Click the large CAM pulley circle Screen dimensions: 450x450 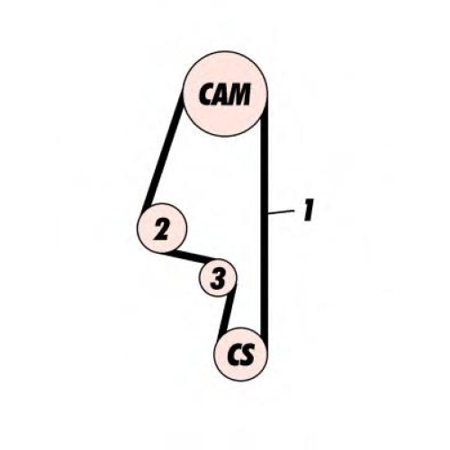(225, 94)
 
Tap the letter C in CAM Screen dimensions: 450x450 (206, 94)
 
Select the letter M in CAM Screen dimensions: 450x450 (239, 94)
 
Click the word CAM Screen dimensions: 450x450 (224, 94)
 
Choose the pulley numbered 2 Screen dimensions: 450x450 (162, 228)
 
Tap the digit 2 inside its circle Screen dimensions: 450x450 (162, 229)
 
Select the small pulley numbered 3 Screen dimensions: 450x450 (218, 278)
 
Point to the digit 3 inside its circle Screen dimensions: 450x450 (218, 278)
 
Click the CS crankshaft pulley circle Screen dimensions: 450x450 (241, 355)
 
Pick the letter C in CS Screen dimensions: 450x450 (234, 355)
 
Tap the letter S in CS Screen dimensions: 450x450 (247, 355)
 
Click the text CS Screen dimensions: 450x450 (241, 355)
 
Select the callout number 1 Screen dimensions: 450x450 (309, 211)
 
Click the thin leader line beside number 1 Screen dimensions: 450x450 (281, 212)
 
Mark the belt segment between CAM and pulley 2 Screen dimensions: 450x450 (163, 151)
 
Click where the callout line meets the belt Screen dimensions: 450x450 (268, 213)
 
